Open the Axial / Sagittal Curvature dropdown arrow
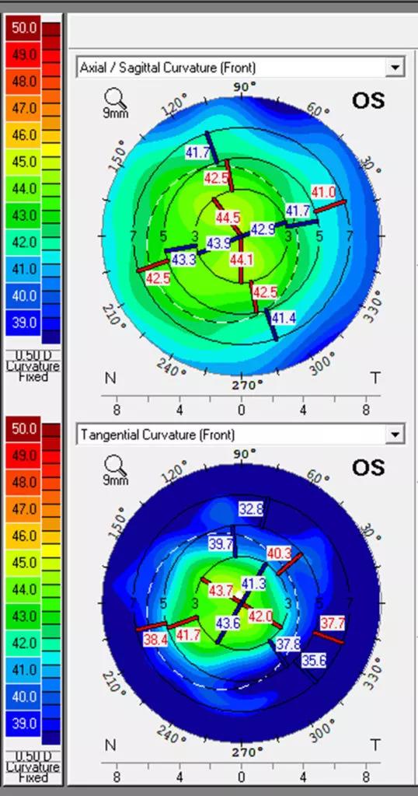395,68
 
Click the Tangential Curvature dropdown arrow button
395,435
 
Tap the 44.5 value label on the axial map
228,218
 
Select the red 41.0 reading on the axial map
323,193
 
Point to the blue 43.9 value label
218,243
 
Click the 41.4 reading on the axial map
283,318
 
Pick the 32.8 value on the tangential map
251,508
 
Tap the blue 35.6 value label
314,661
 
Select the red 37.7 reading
333,623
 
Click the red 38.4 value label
155,640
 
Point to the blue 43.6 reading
228,623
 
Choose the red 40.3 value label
279,553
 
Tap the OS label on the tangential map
368,467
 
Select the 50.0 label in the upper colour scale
24,28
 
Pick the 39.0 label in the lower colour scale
24,723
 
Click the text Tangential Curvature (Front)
157,435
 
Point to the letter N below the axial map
110,379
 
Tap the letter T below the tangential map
375,745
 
